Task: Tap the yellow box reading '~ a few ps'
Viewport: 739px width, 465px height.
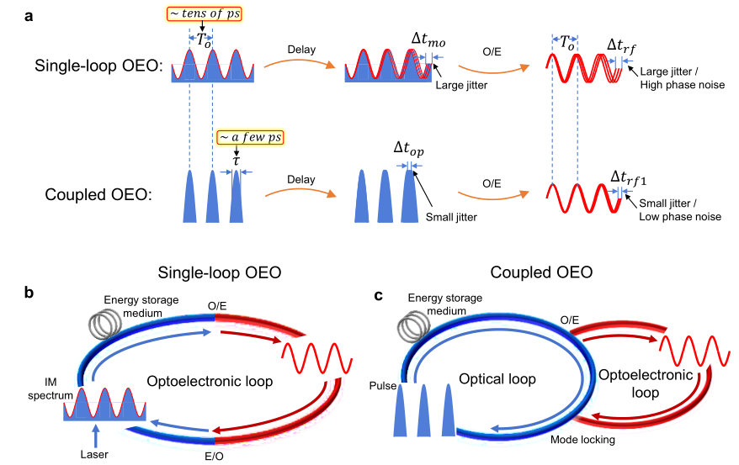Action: [237, 138]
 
